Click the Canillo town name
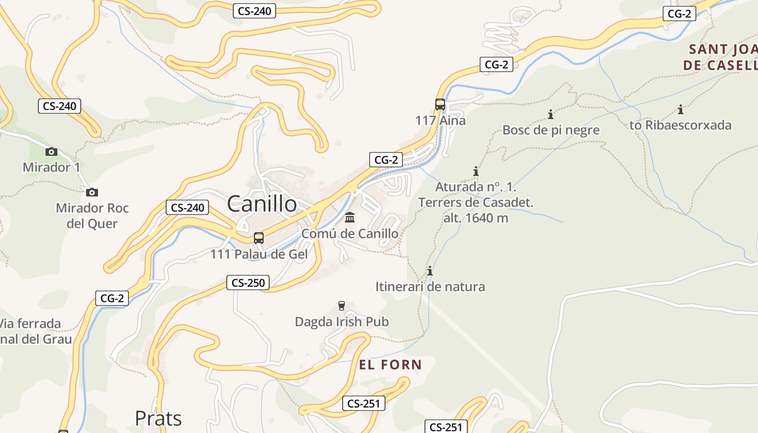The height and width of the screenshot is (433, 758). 262,204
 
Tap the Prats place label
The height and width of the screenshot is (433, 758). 158,418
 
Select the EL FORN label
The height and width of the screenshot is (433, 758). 390,365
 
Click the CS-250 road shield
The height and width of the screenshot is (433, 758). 248,283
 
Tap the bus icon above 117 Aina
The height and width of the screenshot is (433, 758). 440,104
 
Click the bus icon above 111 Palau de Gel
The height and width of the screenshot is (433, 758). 259,238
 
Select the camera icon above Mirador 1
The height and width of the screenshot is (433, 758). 51,152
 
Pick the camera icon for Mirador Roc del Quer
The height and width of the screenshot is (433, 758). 92,192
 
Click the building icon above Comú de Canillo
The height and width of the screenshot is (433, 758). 350,218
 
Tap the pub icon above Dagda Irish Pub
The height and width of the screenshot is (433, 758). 342,306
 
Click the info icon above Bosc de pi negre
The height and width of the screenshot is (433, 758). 551,114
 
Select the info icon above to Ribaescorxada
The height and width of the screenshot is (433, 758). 681,110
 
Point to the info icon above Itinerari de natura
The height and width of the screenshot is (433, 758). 430,271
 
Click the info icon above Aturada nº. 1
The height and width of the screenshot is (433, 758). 476,172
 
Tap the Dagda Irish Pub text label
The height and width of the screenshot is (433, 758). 342,322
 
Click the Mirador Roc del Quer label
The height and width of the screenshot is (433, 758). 92,215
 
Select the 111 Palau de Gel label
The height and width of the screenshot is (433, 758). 259,254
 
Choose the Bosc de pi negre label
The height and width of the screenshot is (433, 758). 551,130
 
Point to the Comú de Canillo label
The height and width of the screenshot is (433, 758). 350,234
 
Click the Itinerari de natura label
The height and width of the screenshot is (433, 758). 430,286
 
